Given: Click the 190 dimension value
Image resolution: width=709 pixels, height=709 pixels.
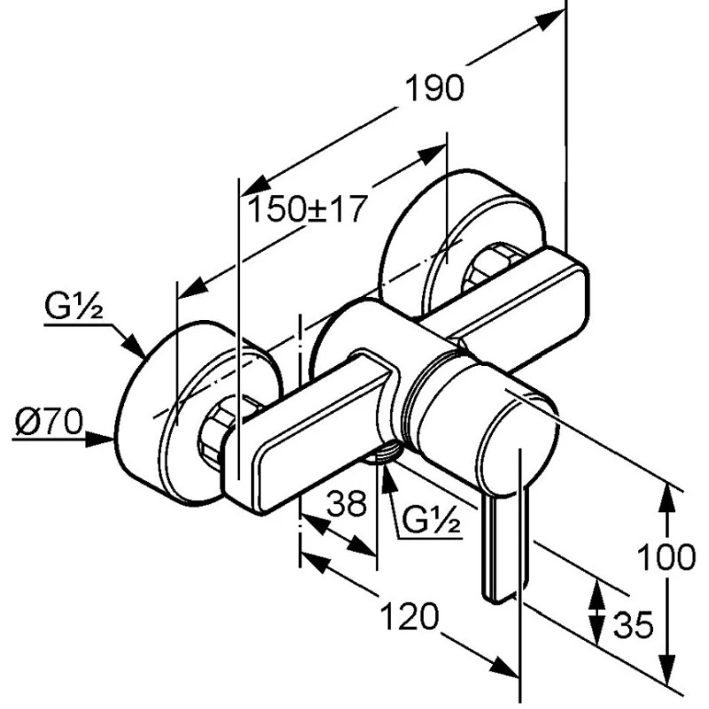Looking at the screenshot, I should pos(434,90).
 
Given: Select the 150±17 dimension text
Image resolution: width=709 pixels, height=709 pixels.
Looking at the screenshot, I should pos(306,210).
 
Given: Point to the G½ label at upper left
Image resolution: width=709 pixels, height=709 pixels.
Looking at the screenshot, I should pos(75,309).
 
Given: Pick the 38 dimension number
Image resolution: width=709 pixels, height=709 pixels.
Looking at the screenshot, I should pos(347,504).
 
